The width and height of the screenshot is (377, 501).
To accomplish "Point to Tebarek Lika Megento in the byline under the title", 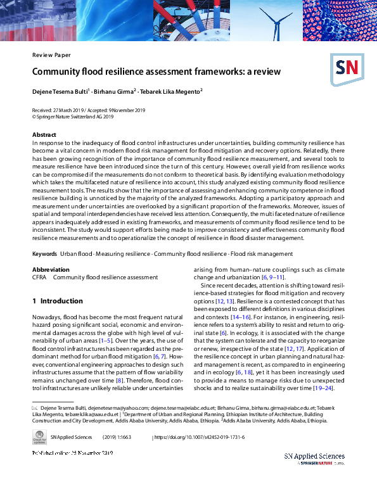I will (173, 92).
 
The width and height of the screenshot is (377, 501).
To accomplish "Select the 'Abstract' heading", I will (44, 136).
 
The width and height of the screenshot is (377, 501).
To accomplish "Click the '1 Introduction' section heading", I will (58, 301).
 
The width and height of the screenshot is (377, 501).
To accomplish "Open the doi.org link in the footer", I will (200, 438).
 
